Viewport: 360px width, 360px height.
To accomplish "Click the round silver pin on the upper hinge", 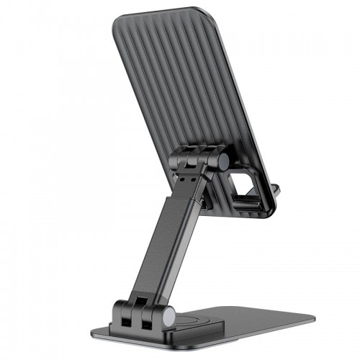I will (223, 163).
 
